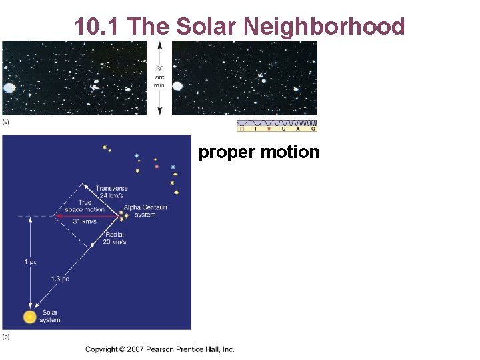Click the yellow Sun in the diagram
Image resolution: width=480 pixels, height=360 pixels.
(x=29, y=317)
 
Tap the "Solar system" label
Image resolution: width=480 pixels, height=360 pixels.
(x=50, y=316)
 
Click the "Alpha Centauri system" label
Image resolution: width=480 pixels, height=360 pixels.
(x=145, y=211)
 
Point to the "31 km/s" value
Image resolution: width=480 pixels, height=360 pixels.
(x=85, y=222)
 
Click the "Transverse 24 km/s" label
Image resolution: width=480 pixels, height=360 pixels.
(x=111, y=192)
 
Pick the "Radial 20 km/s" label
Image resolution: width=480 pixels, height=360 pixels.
(x=115, y=238)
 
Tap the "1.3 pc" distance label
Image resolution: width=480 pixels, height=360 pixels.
(x=60, y=279)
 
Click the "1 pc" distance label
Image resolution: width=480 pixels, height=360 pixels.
(x=31, y=262)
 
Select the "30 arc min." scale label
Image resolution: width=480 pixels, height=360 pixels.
(x=160, y=77)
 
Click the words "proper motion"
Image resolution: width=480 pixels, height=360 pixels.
(x=259, y=152)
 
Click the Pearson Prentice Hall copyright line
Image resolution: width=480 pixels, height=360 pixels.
(x=160, y=349)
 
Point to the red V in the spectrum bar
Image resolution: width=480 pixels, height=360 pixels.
(x=269, y=129)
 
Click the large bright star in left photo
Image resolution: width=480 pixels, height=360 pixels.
(x=9, y=87)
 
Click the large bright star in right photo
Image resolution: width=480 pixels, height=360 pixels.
(x=178, y=86)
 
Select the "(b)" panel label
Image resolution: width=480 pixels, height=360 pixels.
(x=6, y=336)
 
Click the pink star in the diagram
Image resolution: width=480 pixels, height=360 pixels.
(x=157, y=167)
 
